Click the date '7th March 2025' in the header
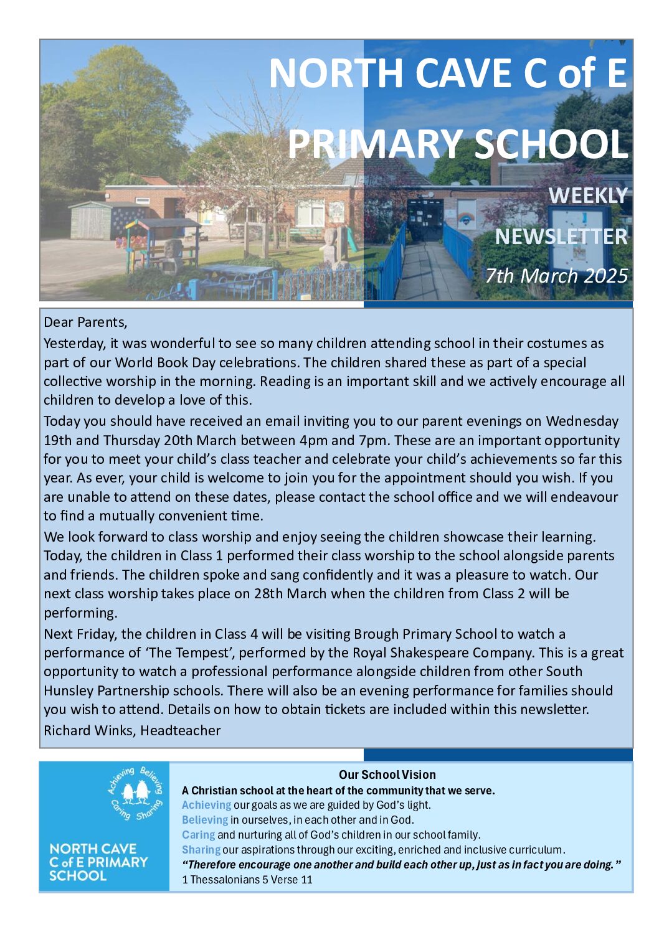tap(556, 275)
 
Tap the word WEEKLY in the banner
tap(587, 195)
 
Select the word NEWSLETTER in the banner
tap(561, 237)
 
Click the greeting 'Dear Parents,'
tap(85, 322)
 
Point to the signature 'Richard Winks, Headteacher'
tap(132, 730)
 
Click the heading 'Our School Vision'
tap(387, 774)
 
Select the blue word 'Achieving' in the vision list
tap(206, 805)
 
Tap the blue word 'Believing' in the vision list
tap(205, 820)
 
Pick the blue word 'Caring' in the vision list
tap(198, 835)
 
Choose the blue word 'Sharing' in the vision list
tap(201, 850)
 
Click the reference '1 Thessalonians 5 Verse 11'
tap(247, 880)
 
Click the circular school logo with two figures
tap(135, 793)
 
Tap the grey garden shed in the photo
tap(93, 220)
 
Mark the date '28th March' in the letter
tap(290, 593)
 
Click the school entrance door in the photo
tap(425, 219)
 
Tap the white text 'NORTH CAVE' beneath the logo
tap(93, 849)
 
